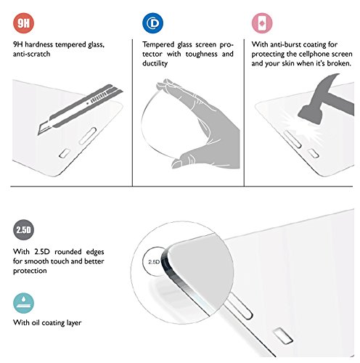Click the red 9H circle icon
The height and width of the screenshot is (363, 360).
click(23, 23)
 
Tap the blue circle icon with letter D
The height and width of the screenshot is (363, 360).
click(152, 23)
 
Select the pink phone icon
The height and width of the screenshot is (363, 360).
click(262, 23)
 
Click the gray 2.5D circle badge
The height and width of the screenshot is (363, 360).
click(23, 229)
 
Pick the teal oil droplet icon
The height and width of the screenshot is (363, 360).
click(23, 303)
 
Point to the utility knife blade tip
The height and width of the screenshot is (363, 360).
click(38, 134)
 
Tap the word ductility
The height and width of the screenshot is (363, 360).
click(155, 64)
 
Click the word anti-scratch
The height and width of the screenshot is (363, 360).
click(32, 54)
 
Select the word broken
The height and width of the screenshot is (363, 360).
click(339, 63)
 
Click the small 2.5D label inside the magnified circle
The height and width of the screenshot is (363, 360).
click(154, 262)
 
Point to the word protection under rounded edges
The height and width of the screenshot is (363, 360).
click(30, 271)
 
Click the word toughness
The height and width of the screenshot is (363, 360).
click(201, 54)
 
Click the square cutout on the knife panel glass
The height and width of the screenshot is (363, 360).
click(65, 153)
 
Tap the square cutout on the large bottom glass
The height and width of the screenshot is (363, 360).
click(283, 336)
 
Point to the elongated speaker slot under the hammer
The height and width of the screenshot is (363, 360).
click(292, 139)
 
